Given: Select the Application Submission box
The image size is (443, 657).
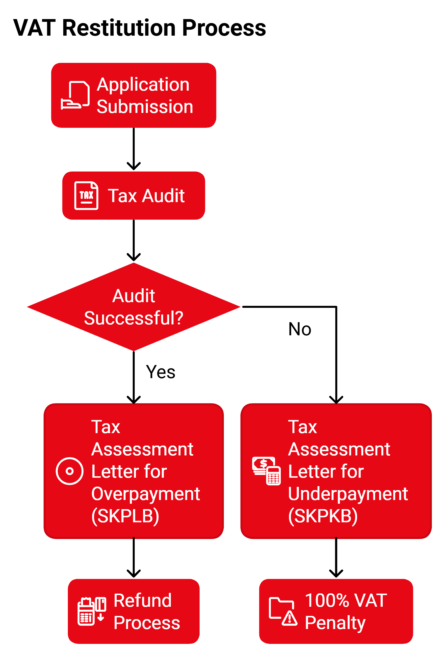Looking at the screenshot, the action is coord(134,95).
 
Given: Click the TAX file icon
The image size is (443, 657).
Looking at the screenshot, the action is coord(86,195).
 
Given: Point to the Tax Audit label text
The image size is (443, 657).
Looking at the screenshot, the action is coord(146,196).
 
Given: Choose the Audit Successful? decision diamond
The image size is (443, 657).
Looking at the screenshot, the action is coord(134,307).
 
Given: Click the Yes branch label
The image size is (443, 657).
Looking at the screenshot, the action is coord(160,372).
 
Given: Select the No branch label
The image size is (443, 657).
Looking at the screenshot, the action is coord(300,329).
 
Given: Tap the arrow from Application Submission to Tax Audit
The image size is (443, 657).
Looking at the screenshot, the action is coord(134,149).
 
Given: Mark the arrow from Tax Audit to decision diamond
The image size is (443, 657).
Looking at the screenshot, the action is coord(134,240).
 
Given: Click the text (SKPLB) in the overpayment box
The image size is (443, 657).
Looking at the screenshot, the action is coord(125,516).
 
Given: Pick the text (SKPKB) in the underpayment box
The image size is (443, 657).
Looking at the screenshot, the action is coord(323,516).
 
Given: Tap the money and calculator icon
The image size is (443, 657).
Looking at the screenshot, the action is coord(266,471).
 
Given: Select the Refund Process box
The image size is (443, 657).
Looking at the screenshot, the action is coord(134,611).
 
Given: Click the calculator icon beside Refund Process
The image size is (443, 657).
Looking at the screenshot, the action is coord(92,611).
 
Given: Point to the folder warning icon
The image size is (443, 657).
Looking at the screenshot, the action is coord(283,611).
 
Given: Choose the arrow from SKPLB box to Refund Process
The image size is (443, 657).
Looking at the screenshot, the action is coord(134,557).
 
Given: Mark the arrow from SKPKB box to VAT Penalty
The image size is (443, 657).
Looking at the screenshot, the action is coord(336,557).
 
